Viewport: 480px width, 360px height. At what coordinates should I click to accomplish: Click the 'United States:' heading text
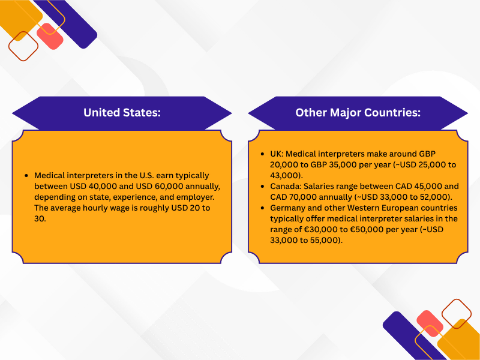click(x=122, y=113)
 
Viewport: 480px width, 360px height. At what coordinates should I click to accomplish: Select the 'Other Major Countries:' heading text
click(x=358, y=113)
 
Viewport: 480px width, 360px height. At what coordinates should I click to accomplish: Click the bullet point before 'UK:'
click(x=262, y=154)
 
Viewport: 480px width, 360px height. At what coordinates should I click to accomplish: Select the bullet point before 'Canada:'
click(x=262, y=187)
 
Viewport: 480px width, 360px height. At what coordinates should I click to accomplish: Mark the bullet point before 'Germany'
click(x=262, y=208)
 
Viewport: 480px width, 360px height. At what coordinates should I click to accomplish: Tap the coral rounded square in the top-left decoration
click(x=50, y=36)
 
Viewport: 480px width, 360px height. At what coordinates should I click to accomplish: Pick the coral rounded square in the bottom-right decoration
click(x=430, y=324)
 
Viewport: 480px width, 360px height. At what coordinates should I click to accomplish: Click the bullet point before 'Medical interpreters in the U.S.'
click(x=26, y=175)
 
